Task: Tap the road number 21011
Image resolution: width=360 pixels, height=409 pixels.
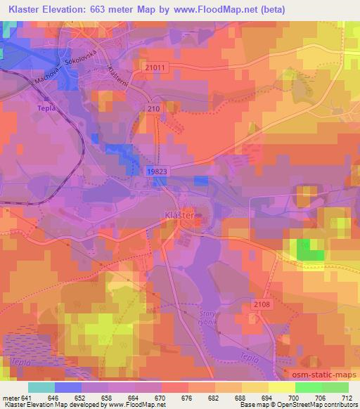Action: [157, 67]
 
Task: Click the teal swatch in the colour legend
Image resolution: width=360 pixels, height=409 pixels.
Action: [41, 387]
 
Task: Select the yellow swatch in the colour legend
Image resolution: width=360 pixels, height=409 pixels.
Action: [281, 387]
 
